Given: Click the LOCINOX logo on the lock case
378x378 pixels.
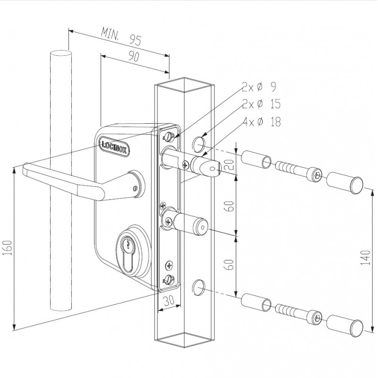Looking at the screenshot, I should (x=115, y=142).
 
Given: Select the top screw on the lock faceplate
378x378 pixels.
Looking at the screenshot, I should (x=169, y=137).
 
